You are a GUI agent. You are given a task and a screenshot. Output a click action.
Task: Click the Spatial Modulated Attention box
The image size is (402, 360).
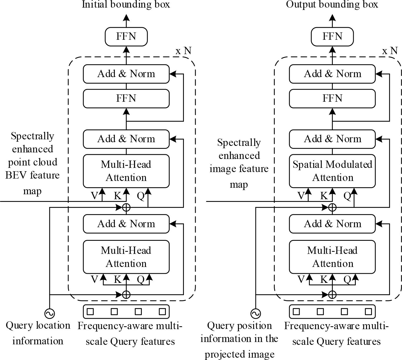[x=332, y=171]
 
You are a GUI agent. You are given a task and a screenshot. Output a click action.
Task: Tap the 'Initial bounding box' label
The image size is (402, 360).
[x=126, y=4]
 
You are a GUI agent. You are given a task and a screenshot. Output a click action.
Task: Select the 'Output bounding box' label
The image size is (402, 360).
[x=332, y=4]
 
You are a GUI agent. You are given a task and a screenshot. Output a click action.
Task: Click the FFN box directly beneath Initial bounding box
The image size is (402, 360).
[x=126, y=36]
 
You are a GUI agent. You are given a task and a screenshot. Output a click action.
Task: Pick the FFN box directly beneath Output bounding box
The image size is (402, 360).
[x=332, y=36]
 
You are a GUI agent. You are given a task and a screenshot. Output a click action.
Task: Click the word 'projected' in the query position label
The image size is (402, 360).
[x=223, y=354]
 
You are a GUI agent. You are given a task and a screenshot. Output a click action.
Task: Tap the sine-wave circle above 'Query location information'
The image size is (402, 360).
[x=49, y=313]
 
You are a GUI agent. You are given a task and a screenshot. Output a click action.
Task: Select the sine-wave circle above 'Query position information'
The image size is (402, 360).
[x=255, y=313]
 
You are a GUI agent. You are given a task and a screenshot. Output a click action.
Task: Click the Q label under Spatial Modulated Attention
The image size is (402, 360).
[x=347, y=196]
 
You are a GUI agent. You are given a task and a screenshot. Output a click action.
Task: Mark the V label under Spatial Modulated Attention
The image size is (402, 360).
[x=301, y=196]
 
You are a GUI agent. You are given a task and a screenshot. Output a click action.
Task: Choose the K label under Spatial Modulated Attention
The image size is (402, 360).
[x=324, y=196]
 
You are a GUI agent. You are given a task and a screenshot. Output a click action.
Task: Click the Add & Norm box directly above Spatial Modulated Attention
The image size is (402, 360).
[x=332, y=139]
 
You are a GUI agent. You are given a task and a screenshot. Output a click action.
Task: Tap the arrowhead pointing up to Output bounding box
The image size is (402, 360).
[x=332, y=18]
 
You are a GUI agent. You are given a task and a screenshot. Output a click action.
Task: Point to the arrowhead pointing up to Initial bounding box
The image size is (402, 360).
[x=126, y=18]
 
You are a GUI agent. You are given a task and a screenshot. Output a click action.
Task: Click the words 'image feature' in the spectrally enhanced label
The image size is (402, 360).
[x=239, y=169]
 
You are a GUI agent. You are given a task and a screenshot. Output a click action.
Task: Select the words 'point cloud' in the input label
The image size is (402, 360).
[x=32, y=162]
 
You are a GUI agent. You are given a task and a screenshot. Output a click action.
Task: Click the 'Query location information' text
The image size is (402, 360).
[x=38, y=333]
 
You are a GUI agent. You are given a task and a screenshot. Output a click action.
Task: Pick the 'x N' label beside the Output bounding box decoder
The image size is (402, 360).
[x=390, y=51]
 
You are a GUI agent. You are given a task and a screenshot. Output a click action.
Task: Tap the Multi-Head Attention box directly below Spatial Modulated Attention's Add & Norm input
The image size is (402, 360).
[x=332, y=257]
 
